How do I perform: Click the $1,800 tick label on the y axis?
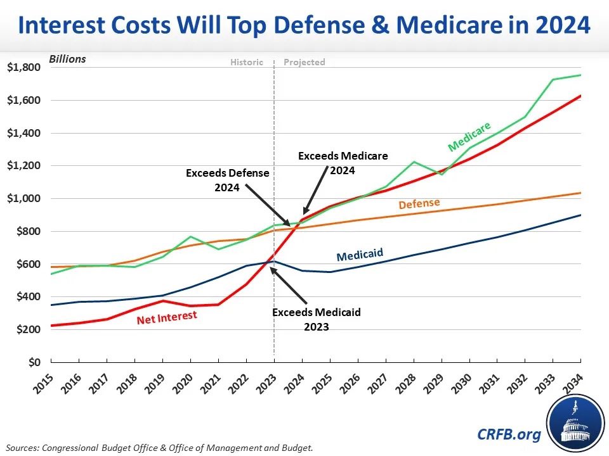(24, 68)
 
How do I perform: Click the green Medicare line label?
(469, 137)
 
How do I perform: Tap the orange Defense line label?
(419, 205)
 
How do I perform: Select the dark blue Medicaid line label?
(359, 255)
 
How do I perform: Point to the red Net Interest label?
(167, 315)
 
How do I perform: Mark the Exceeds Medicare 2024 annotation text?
(343, 162)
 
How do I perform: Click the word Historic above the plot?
(246, 62)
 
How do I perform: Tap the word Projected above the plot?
(304, 62)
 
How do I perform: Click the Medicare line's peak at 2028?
(413, 161)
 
